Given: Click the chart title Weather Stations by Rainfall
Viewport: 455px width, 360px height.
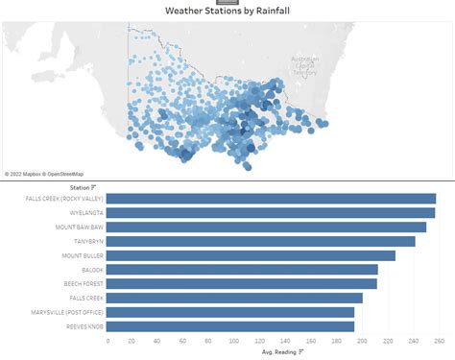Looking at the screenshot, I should click(227, 12).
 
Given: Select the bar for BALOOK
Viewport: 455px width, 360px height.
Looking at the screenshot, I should click(242, 270).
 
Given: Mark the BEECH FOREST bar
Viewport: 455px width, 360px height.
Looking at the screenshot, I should click(242, 284).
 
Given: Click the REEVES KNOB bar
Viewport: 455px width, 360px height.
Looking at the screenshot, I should click(231, 326).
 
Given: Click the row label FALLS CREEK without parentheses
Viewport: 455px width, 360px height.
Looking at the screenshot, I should click(84, 299).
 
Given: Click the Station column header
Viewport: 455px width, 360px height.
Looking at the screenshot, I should click(81, 187).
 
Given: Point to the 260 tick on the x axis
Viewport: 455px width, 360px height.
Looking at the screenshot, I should click(439, 341).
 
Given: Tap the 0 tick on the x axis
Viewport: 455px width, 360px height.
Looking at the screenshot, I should click(108, 341).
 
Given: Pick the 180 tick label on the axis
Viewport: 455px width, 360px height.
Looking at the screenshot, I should click(337, 341).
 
